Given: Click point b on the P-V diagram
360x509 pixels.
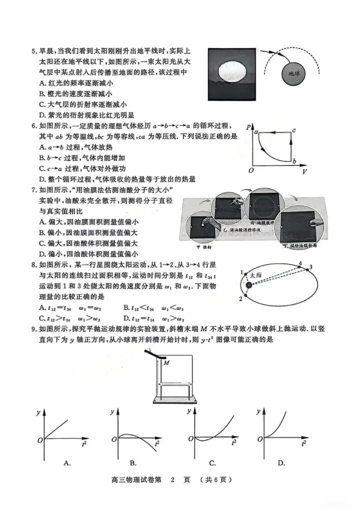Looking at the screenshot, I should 294,161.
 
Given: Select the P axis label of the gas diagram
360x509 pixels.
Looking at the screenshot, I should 248,128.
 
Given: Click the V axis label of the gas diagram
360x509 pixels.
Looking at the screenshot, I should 305,172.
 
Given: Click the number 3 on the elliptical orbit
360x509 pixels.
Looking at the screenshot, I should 310,268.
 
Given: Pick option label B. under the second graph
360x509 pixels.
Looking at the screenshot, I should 133,463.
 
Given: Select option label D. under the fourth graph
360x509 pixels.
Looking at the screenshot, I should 281,463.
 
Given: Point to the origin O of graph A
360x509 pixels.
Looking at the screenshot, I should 39,439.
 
